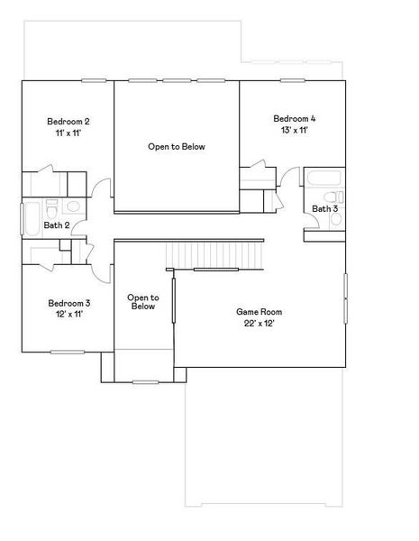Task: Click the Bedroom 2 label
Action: coord(68,121)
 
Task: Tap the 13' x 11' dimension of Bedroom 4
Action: coord(295,131)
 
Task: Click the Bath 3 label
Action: coord(324,208)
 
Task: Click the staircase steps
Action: coord(216,254)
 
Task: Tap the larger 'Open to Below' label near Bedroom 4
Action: coord(176,145)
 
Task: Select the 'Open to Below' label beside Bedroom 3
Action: coord(142,302)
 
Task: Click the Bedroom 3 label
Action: coord(68,303)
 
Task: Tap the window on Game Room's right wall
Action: coord(345,298)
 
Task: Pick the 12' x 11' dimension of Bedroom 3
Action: coord(68,315)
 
